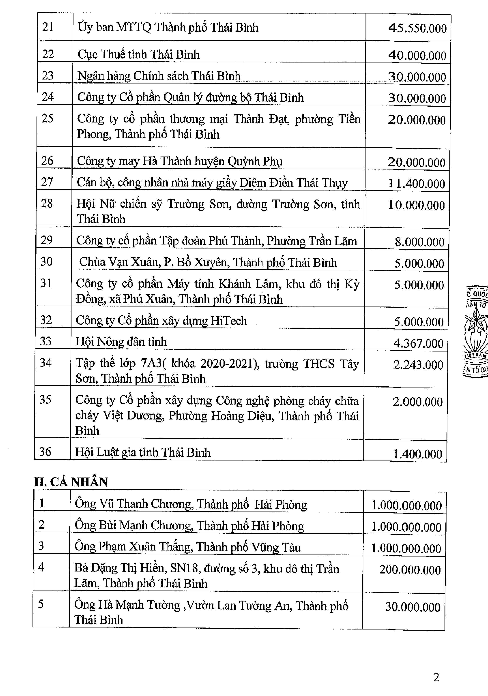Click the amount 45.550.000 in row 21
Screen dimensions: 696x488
point(417,28)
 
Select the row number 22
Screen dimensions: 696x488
point(48,54)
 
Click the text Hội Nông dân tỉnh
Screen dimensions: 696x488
point(121,342)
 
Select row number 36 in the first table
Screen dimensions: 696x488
point(45,452)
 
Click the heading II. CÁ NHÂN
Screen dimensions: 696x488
point(71,482)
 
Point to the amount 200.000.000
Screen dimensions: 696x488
point(410,570)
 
